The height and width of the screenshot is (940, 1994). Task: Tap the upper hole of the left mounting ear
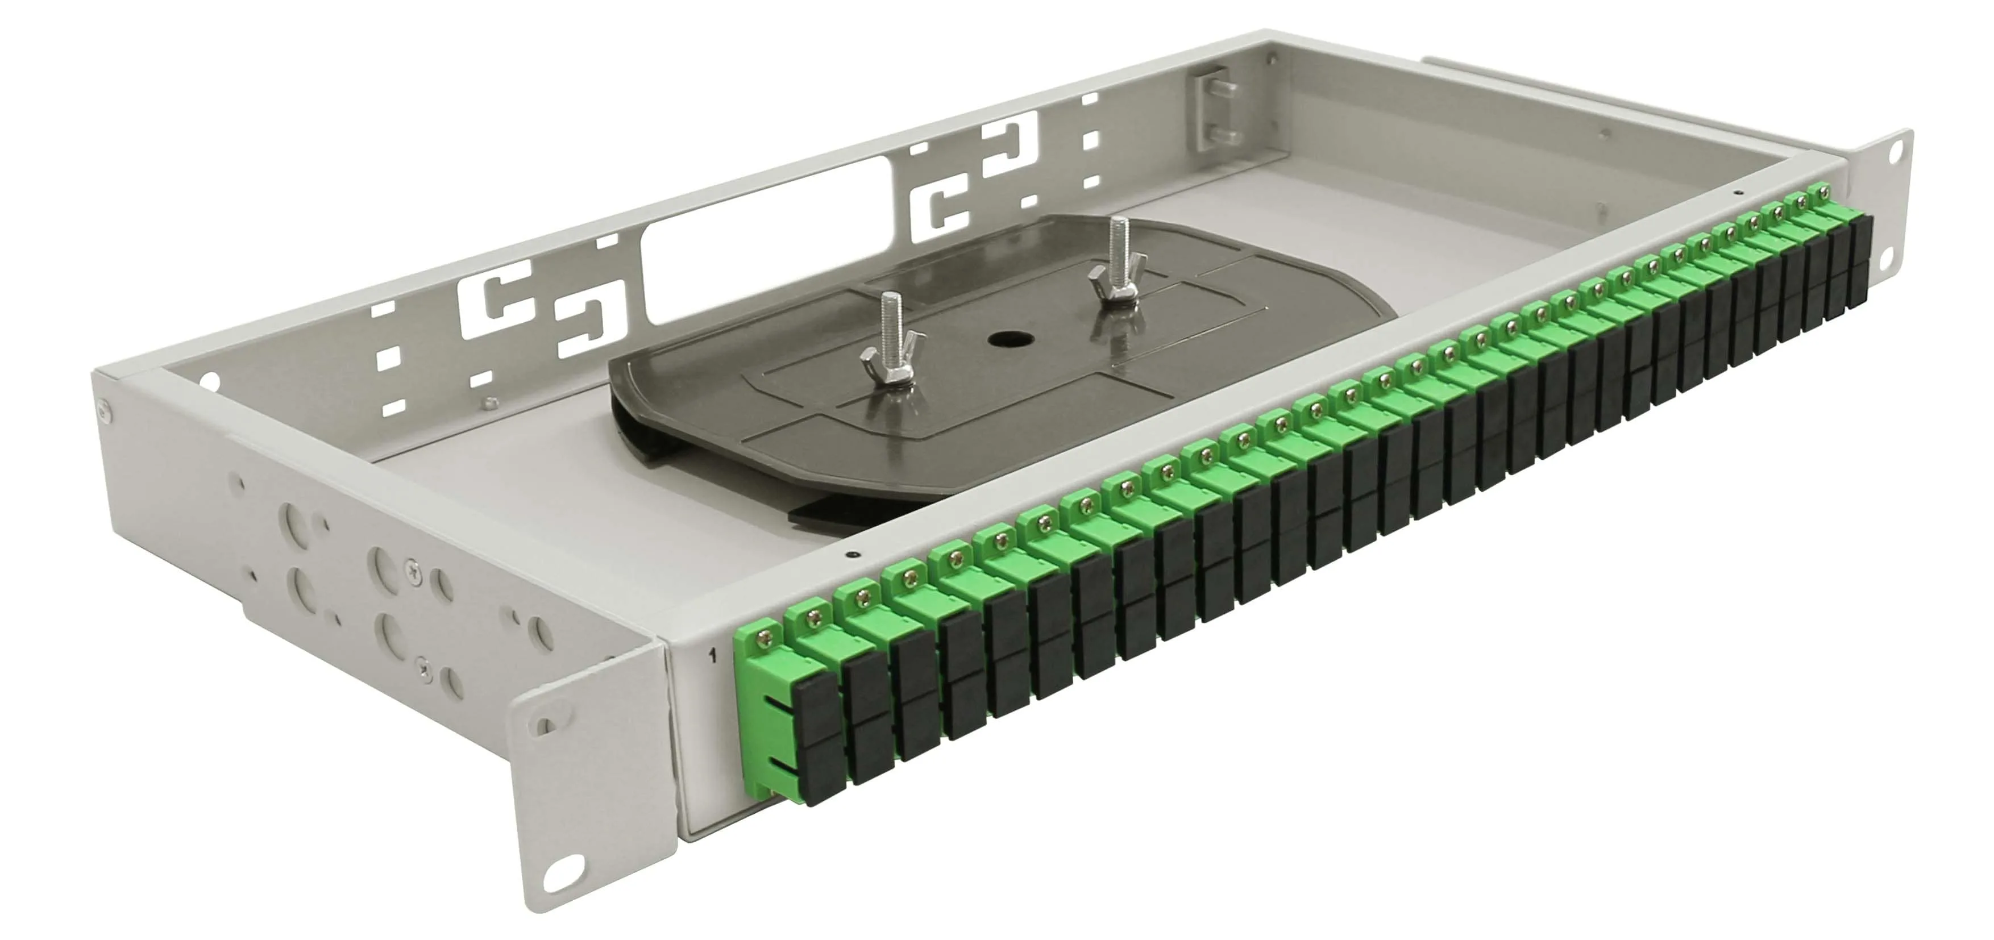pyautogui.click(x=546, y=726)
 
